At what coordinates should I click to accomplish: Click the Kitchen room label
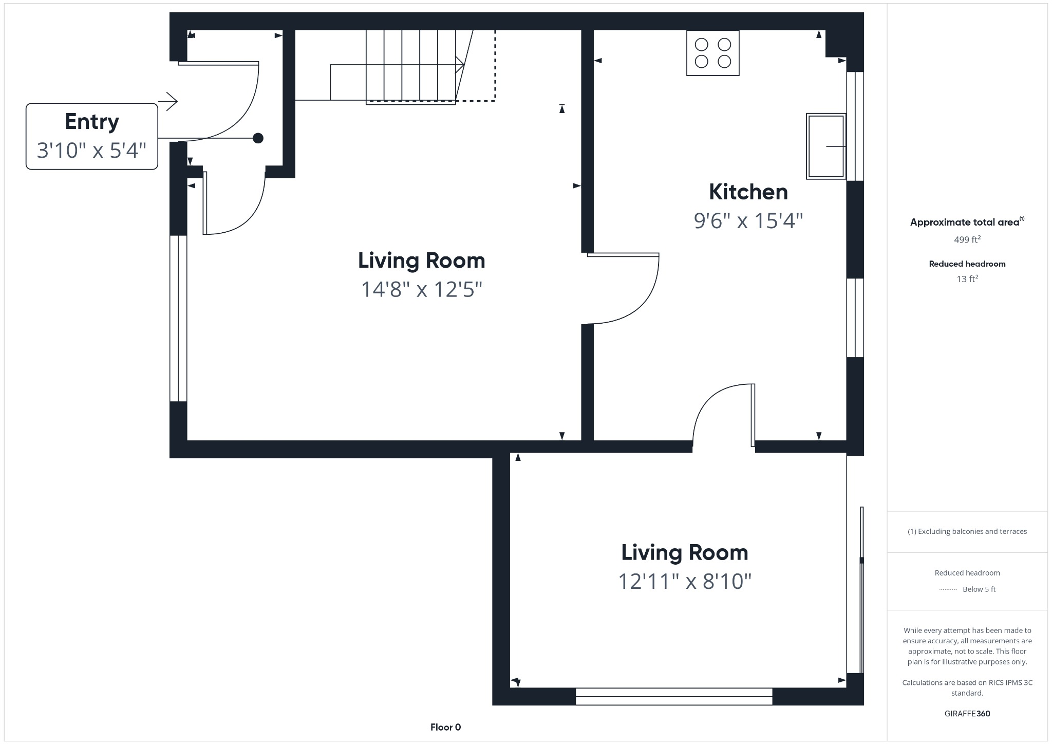coord(748,192)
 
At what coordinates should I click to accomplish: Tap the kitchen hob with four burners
coord(712,53)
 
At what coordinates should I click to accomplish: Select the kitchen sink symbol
coord(825,146)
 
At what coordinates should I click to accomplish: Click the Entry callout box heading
coord(92,122)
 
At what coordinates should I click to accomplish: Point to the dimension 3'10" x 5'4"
coord(92,151)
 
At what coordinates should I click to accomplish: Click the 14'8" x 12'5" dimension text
coord(421,289)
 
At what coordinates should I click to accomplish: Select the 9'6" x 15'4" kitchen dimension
coord(748,221)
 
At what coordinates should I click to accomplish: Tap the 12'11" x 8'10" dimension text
coord(684,582)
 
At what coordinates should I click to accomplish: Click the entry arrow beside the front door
coord(168,101)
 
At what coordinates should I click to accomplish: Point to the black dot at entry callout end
coord(258,138)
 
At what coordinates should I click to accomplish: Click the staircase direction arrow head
coord(461,65)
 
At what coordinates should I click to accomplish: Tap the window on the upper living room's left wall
coord(178,318)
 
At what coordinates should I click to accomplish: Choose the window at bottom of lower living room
coord(673,696)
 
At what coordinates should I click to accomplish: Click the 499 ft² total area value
coord(967,239)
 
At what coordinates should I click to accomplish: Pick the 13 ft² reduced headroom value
coord(967,279)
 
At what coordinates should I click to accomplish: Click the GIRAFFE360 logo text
coord(967,714)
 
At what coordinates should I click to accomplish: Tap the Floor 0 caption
coord(445,727)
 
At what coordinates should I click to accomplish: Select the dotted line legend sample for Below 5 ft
coord(948,589)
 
